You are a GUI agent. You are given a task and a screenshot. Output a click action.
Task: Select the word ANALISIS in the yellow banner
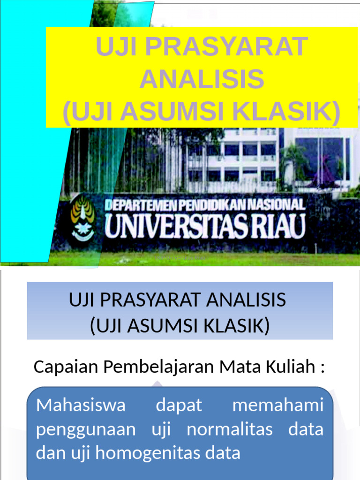click(202, 79)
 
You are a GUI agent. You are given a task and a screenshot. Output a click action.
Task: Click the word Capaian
click(66, 367)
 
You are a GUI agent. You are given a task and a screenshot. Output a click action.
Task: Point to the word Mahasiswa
click(81, 405)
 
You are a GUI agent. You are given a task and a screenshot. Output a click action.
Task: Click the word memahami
click(278, 405)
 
